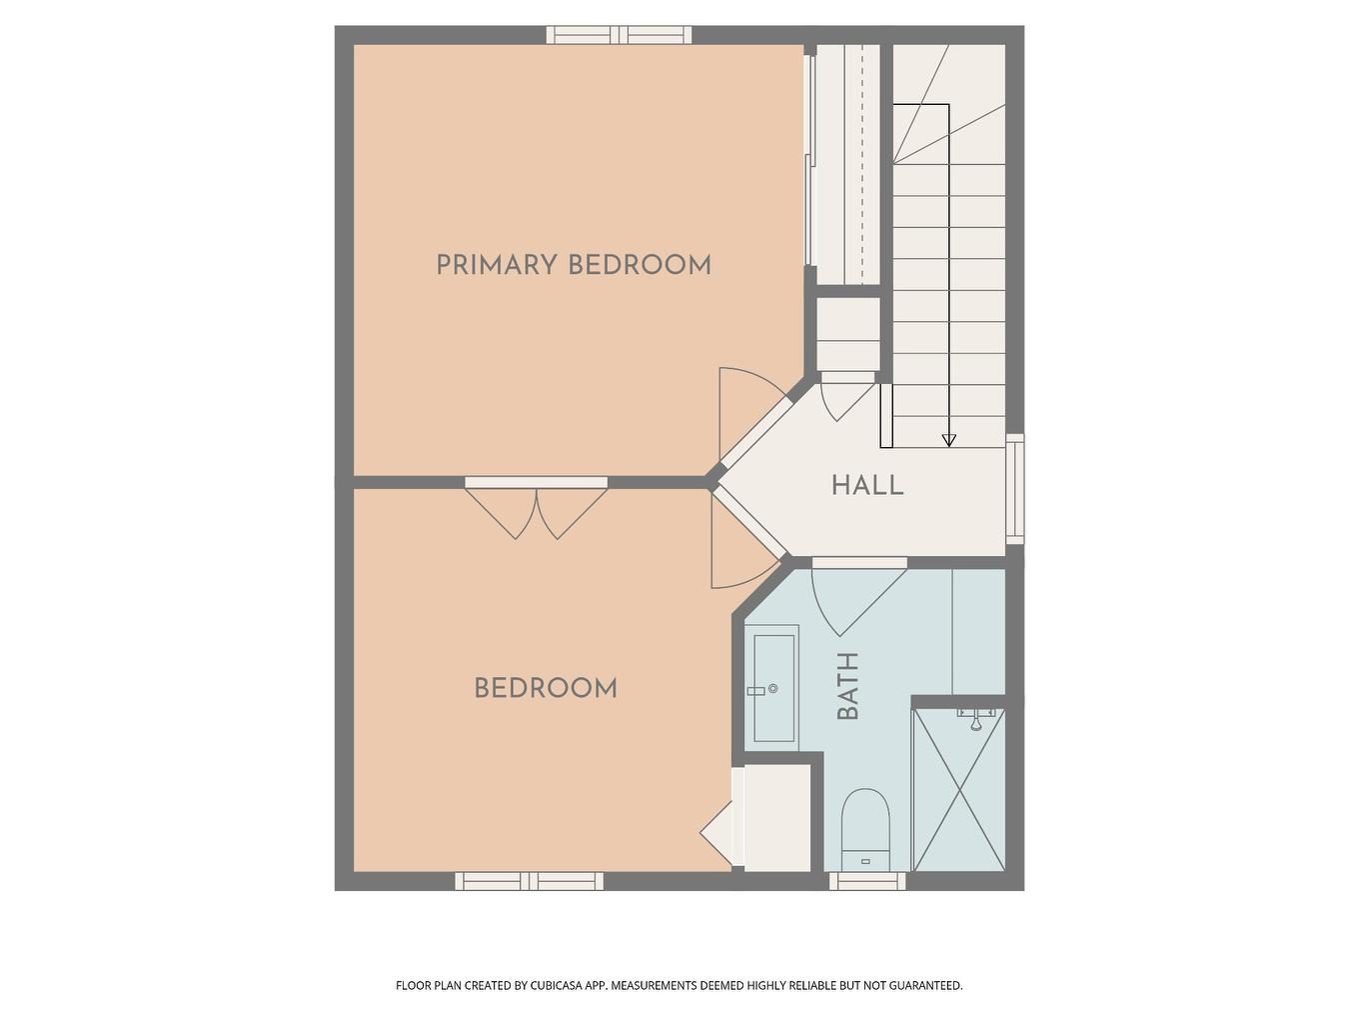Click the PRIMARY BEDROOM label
[x=574, y=265]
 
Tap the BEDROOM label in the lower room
[x=546, y=688]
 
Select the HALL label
[x=867, y=486]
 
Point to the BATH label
[x=847, y=686]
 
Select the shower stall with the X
[x=959, y=790]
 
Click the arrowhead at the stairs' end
[x=948, y=440]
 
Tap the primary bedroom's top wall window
[x=619, y=35]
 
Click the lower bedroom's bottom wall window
[x=530, y=881]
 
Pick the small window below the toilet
[x=867, y=881]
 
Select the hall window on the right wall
[x=1014, y=489]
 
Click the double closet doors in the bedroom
[x=537, y=510]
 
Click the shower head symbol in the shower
[x=975, y=716]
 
